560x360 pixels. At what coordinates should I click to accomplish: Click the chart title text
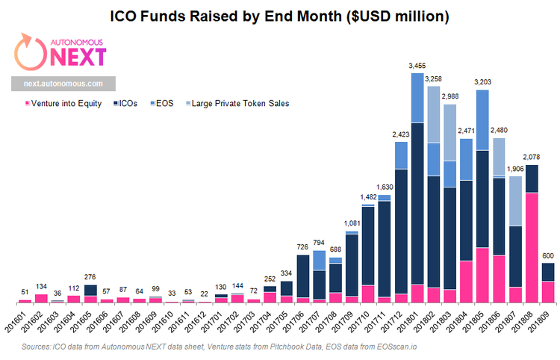pos(280,15)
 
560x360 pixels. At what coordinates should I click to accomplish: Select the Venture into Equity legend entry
pos(63,103)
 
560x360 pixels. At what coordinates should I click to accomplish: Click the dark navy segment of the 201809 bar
pos(548,272)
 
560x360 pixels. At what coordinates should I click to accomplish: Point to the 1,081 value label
pos(352,224)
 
